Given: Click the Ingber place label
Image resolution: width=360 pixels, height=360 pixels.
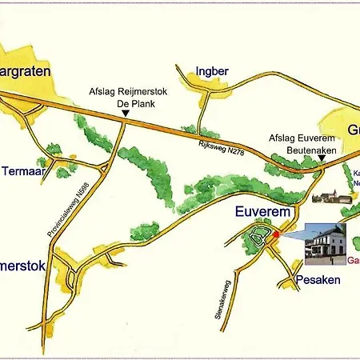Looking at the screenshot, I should (212, 71).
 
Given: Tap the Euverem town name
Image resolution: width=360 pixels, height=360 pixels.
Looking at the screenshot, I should (261, 212).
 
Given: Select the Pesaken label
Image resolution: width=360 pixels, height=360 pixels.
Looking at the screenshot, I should (318, 280).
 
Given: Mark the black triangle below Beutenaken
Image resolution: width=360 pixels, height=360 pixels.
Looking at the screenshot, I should (321, 158).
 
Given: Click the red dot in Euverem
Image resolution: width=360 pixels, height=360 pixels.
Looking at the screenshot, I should (276, 234).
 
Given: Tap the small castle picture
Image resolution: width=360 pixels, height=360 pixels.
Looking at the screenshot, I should (326, 195).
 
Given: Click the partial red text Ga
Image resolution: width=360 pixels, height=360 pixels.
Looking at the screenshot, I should (353, 260).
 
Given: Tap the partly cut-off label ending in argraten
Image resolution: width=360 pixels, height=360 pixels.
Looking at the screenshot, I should (26, 71).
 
